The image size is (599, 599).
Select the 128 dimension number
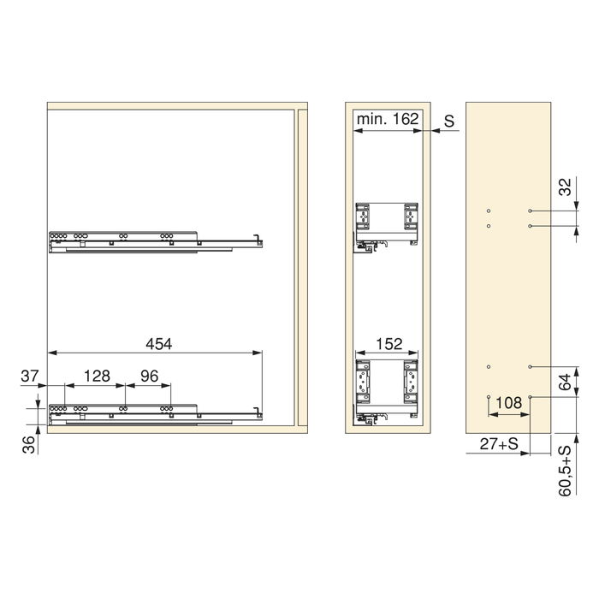98,375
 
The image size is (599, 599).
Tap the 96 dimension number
150,375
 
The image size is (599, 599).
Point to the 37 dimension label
31,375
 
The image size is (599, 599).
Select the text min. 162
387,121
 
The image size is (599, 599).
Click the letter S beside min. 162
448,121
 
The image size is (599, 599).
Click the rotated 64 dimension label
566,382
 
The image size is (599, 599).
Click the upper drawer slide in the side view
154,241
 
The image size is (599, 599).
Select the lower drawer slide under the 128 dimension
154,412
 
